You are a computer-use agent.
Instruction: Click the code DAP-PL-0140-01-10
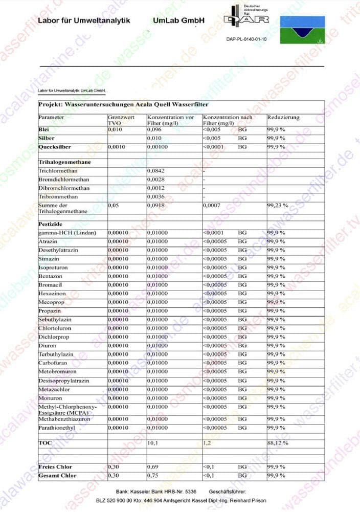(x=246, y=39)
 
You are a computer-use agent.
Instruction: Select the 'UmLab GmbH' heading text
(x=178, y=20)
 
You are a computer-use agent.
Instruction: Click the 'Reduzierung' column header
(x=283, y=118)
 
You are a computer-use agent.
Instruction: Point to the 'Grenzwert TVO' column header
(x=120, y=120)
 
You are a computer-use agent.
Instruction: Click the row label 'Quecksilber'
(x=56, y=147)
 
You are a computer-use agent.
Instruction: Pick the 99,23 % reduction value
(x=278, y=205)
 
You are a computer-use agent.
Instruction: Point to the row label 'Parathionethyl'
(x=58, y=428)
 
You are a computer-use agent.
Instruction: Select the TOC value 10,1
(x=153, y=443)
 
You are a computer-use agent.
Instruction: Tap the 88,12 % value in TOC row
(x=278, y=443)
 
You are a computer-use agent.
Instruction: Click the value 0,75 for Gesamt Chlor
(x=153, y=476)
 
